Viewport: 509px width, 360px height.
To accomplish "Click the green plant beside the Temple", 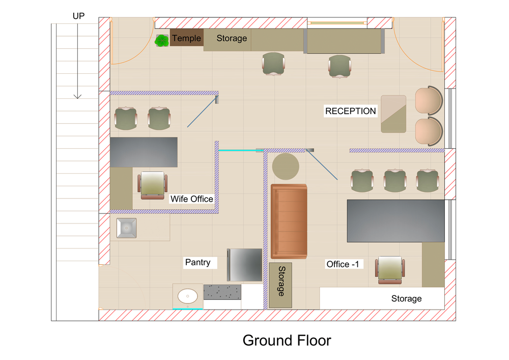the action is click(161, 41).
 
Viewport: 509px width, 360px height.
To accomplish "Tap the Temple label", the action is click(186, 38).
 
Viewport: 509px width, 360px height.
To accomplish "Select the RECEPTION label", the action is click(351, 111).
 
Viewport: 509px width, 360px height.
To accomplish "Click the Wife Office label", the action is click(192, 199).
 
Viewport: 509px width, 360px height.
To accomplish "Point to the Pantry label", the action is click(197, 262).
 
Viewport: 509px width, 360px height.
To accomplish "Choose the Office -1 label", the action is click(343, 264).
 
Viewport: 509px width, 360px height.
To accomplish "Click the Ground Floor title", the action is click(287, 341).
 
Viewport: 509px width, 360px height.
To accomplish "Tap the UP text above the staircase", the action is click(78, 16).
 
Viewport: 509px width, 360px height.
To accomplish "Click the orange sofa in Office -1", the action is click(289, 221).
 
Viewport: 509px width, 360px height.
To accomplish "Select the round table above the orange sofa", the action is click(286, 167).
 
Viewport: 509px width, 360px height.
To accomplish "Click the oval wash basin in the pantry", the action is click(188, 296).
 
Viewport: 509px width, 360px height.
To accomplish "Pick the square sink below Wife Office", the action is click(127, 228).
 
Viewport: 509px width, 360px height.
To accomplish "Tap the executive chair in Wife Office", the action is click(153, 185).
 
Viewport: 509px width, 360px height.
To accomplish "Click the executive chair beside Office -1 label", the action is click(390, 270).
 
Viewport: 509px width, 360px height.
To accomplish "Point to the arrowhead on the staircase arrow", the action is click(77, 96).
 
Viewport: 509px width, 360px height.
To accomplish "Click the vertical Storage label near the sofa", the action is click(281, 281).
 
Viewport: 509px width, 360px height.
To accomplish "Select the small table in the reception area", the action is click(393, 114).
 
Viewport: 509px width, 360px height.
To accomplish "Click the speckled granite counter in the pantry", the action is click(222, 292).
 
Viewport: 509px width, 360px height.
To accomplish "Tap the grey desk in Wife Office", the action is click(144, 152).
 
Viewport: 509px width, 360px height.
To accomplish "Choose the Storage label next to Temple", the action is click(232, 38).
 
